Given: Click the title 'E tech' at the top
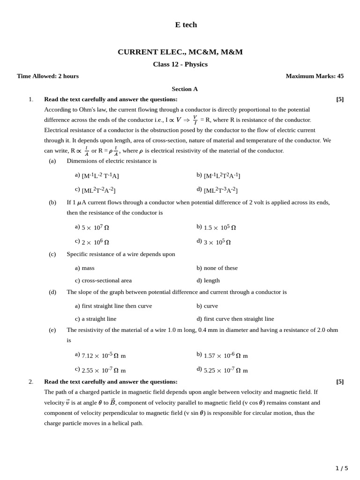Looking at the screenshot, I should click(186, 25).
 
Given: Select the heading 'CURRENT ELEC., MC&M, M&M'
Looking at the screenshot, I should click(180, 52).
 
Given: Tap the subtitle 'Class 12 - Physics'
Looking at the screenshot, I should click(180, 64).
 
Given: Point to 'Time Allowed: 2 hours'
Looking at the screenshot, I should click(48, 76).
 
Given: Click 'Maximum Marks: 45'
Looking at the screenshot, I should click(315, 76).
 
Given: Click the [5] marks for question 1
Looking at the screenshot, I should click(340, 99).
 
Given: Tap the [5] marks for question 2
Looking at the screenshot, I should click(340, 381).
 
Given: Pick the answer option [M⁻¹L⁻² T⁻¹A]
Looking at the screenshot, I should click(100, 175).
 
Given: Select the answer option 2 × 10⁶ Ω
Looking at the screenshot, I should click(95, 242).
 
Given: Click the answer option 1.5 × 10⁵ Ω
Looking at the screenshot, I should click(219, 227).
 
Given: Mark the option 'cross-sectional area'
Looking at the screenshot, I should click(106, 280).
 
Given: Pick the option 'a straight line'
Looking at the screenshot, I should click(99, 319).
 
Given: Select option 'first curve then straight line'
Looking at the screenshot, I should click(239, 319).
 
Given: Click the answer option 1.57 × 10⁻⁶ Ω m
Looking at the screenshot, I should click(225, 355).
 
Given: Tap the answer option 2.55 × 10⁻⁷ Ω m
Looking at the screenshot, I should click(104, 370).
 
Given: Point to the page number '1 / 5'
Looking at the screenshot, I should click(342, 468).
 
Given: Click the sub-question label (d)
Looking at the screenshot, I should click(52, 292).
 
